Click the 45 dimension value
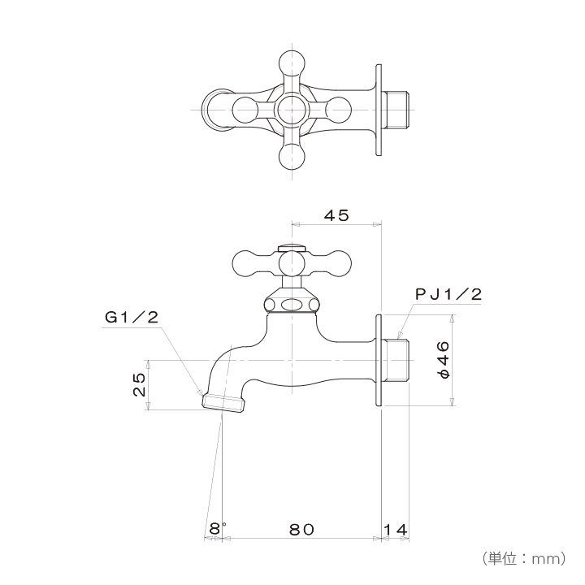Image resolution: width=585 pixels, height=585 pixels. tap(336, 215)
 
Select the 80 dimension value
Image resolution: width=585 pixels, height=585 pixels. tap(301, 529)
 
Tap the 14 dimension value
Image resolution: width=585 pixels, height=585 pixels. tap(395, 529)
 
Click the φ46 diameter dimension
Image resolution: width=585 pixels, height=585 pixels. tap(443, 359)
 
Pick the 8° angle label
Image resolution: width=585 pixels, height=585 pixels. tap(215, 529)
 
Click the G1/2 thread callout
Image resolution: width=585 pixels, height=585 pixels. tap(132, 318)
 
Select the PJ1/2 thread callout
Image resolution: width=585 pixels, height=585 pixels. tap(448, 295)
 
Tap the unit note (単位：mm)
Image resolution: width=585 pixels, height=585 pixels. tap(523, 558)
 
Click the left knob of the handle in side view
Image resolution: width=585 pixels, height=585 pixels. tap(245, 262)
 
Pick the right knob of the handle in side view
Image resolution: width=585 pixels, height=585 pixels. tap(338, 262)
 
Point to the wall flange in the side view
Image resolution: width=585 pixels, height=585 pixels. tap(378, 360)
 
